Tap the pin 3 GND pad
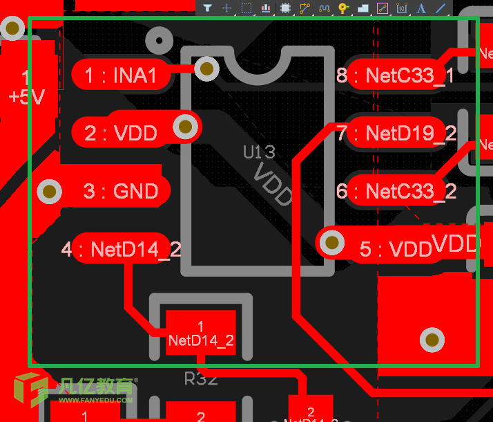click(x=117, y=190)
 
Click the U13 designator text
click(x=259, y=152)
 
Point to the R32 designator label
click(x=201, y=379)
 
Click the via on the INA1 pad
click(x=206, y=68)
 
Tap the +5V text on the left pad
click(x=26, y=96)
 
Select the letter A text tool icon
click(x=421, y=8)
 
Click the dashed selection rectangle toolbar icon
click(x=246, y=8)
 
